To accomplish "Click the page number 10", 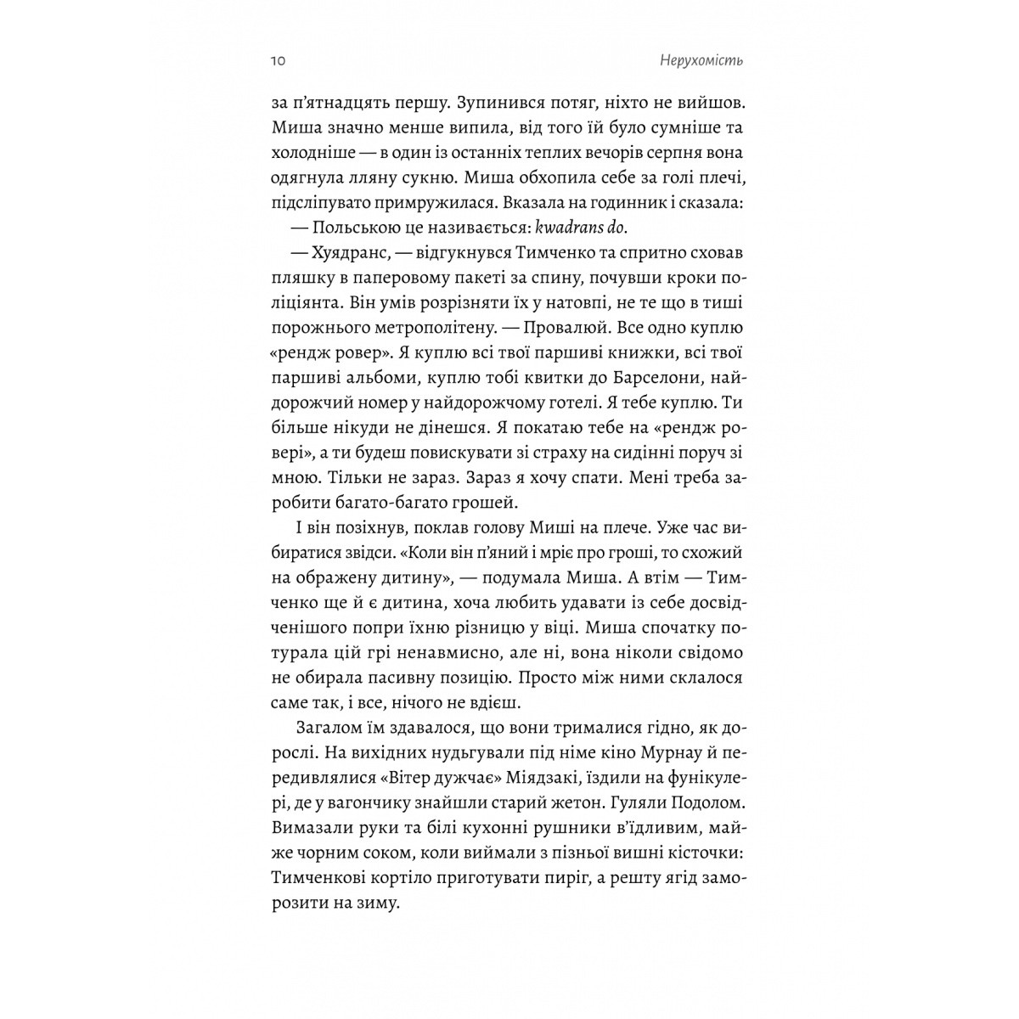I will pyautogui.click(x=278, y=62).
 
